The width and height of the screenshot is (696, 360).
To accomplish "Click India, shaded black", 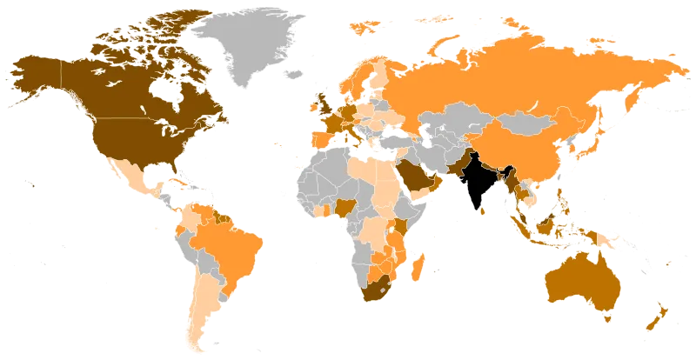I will [472, 178].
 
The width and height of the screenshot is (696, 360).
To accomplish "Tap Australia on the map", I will [579, 278].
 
